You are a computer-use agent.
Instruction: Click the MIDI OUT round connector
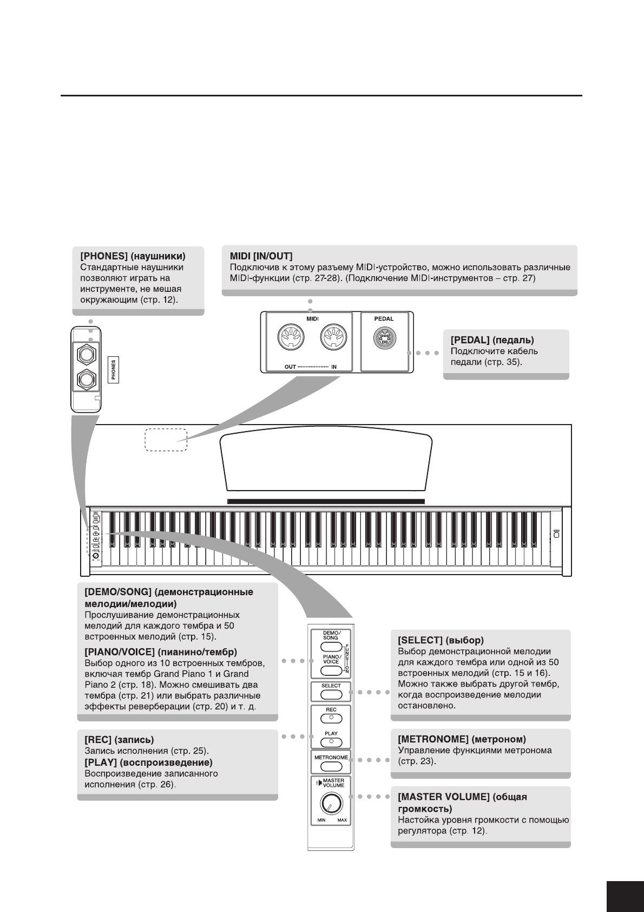[x=291, y=339]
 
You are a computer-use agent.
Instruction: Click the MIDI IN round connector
[x=332, y=339]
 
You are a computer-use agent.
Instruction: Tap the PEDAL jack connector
[x=384, y=340]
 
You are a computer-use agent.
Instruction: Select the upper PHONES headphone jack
[x=86, y=354]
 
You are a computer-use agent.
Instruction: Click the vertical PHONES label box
[x=114, y=370]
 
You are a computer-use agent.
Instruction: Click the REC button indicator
[x=331, y=718]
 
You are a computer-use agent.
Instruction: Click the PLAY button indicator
[x=331, y=741]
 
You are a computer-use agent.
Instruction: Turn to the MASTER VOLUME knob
[x=331, y=804]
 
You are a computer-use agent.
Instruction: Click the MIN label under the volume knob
[x=321, y=820]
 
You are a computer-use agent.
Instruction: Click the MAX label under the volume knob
[x=342, y=820]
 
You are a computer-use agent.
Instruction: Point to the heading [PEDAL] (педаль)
[x=492, y=340]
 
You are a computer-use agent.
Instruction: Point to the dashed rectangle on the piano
[x=166, y=440]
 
